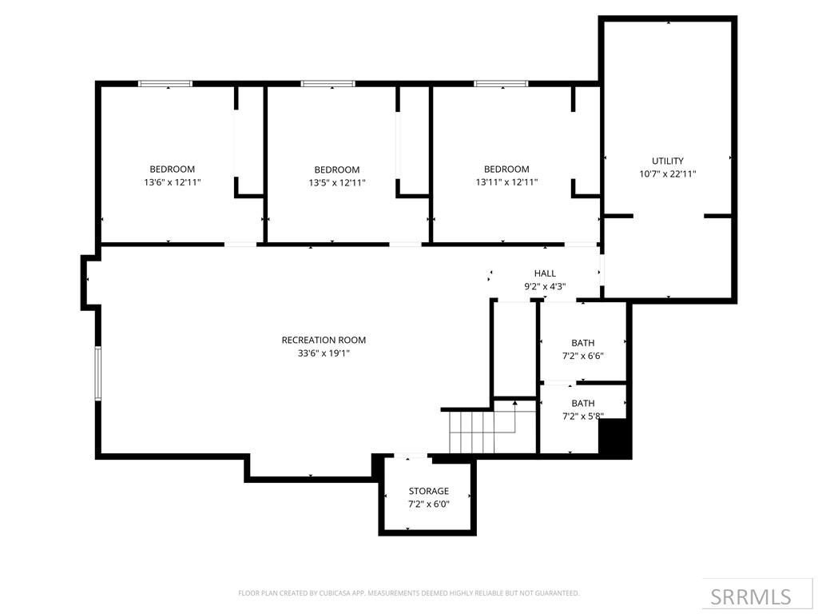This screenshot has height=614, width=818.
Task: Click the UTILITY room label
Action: point(667,161)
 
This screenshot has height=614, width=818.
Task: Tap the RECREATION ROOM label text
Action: point(324,340)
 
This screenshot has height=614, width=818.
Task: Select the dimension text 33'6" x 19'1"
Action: point(324,353)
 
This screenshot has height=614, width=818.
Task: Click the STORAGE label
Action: point(428,491)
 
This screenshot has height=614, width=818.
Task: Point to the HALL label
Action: point(545,273)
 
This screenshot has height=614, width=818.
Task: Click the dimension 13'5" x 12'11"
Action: point(336,182)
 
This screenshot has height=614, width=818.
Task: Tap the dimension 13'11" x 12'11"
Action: point(506,182)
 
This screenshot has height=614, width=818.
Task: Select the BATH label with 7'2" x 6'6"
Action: point(582,343)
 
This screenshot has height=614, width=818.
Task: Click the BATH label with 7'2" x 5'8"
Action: point(582,403)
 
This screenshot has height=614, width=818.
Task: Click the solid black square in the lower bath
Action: point(614,438)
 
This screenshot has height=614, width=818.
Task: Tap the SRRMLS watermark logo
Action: point(751,596)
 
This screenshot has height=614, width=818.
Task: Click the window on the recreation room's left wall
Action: point(97,373)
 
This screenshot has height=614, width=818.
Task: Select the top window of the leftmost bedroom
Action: point(165,83)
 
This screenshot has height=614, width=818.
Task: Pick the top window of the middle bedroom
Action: point(328,83)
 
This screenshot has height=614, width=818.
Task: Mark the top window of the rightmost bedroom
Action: point(501,83)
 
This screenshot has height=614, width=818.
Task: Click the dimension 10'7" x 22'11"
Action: point(667,173)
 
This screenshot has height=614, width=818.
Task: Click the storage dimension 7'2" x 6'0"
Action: point(428,504)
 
